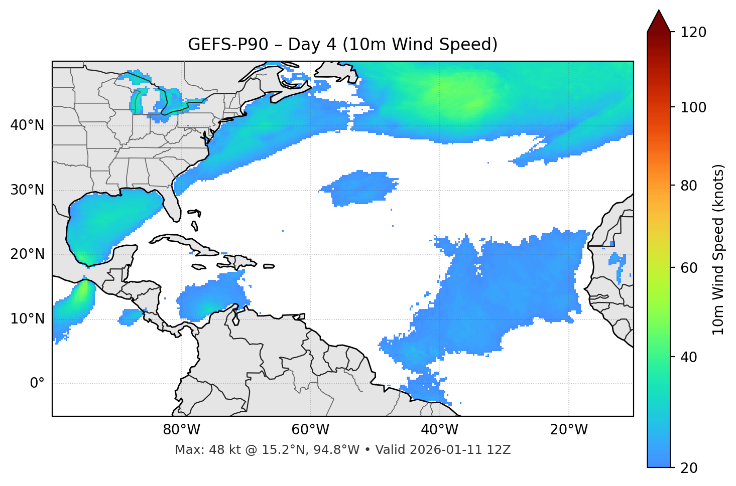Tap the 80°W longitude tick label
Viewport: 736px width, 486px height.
tap(181, 430)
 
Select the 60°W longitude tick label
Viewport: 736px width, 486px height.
tap(310, 430)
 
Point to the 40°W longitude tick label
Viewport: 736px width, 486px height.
tap(439, 430)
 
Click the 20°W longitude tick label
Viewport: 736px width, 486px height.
tap(568, 430)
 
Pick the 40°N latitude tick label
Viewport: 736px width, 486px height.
tap(27, 125)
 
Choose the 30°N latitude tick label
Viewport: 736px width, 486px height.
tap(27, 190)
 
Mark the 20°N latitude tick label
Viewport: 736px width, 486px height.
tap(27, 254)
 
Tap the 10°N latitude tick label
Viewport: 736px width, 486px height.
tap(27, 319)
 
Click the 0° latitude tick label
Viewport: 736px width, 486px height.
tap(37, 384)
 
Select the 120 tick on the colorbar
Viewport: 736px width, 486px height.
tap(693, 33)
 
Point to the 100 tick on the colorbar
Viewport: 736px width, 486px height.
tap(693, 107)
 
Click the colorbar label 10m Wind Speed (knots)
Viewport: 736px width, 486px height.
tap(718, 249)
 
